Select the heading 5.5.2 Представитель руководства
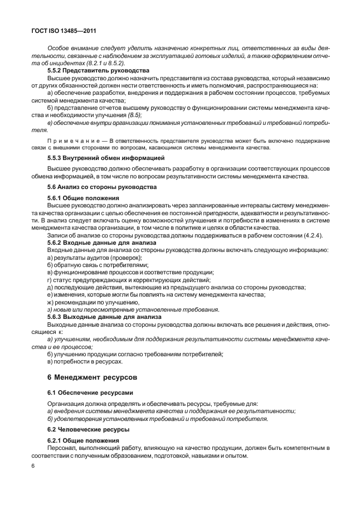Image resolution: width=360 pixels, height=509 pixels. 90,71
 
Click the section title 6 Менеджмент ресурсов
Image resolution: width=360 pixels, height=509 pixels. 91,378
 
